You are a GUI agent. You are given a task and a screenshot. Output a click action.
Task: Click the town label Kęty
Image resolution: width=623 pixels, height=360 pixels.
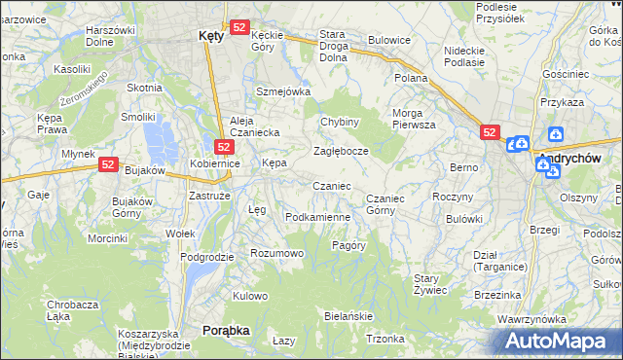210,34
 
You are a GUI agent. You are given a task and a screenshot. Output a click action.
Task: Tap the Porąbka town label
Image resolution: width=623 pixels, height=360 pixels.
226,331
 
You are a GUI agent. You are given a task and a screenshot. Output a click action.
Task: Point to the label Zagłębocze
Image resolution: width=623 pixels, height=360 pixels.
341,152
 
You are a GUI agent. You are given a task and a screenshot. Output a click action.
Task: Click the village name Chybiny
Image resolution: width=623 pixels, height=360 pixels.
341,122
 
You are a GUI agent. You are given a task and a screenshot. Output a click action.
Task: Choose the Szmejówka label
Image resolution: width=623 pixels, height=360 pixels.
282,91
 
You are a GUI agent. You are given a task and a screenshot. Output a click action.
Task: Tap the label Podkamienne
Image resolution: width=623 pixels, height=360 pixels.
317,216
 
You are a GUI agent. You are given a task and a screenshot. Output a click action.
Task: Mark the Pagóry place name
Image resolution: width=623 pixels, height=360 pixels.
348,245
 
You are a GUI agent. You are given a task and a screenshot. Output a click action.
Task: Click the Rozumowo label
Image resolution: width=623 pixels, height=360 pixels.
277,253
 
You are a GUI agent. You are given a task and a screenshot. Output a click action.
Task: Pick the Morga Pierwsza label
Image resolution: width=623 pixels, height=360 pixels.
414,119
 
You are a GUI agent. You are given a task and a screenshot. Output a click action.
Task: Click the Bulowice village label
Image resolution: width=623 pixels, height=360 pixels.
388,41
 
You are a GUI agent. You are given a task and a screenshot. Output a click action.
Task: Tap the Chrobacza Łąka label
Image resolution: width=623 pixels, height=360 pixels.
73,311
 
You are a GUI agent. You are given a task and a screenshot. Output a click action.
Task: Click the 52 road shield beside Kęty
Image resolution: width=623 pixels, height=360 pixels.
239,28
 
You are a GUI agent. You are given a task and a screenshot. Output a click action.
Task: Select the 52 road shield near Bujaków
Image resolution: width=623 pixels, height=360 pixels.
108,165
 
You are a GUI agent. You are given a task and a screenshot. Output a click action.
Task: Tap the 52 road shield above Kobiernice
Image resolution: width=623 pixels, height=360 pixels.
223,147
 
